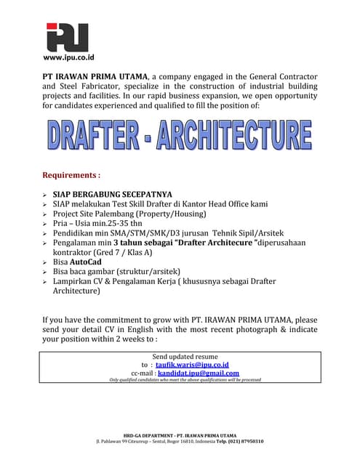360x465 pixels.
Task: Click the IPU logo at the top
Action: coord(67,37)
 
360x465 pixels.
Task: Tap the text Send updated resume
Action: coord(185,356)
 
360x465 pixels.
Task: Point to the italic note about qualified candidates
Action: coord(185,379)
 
